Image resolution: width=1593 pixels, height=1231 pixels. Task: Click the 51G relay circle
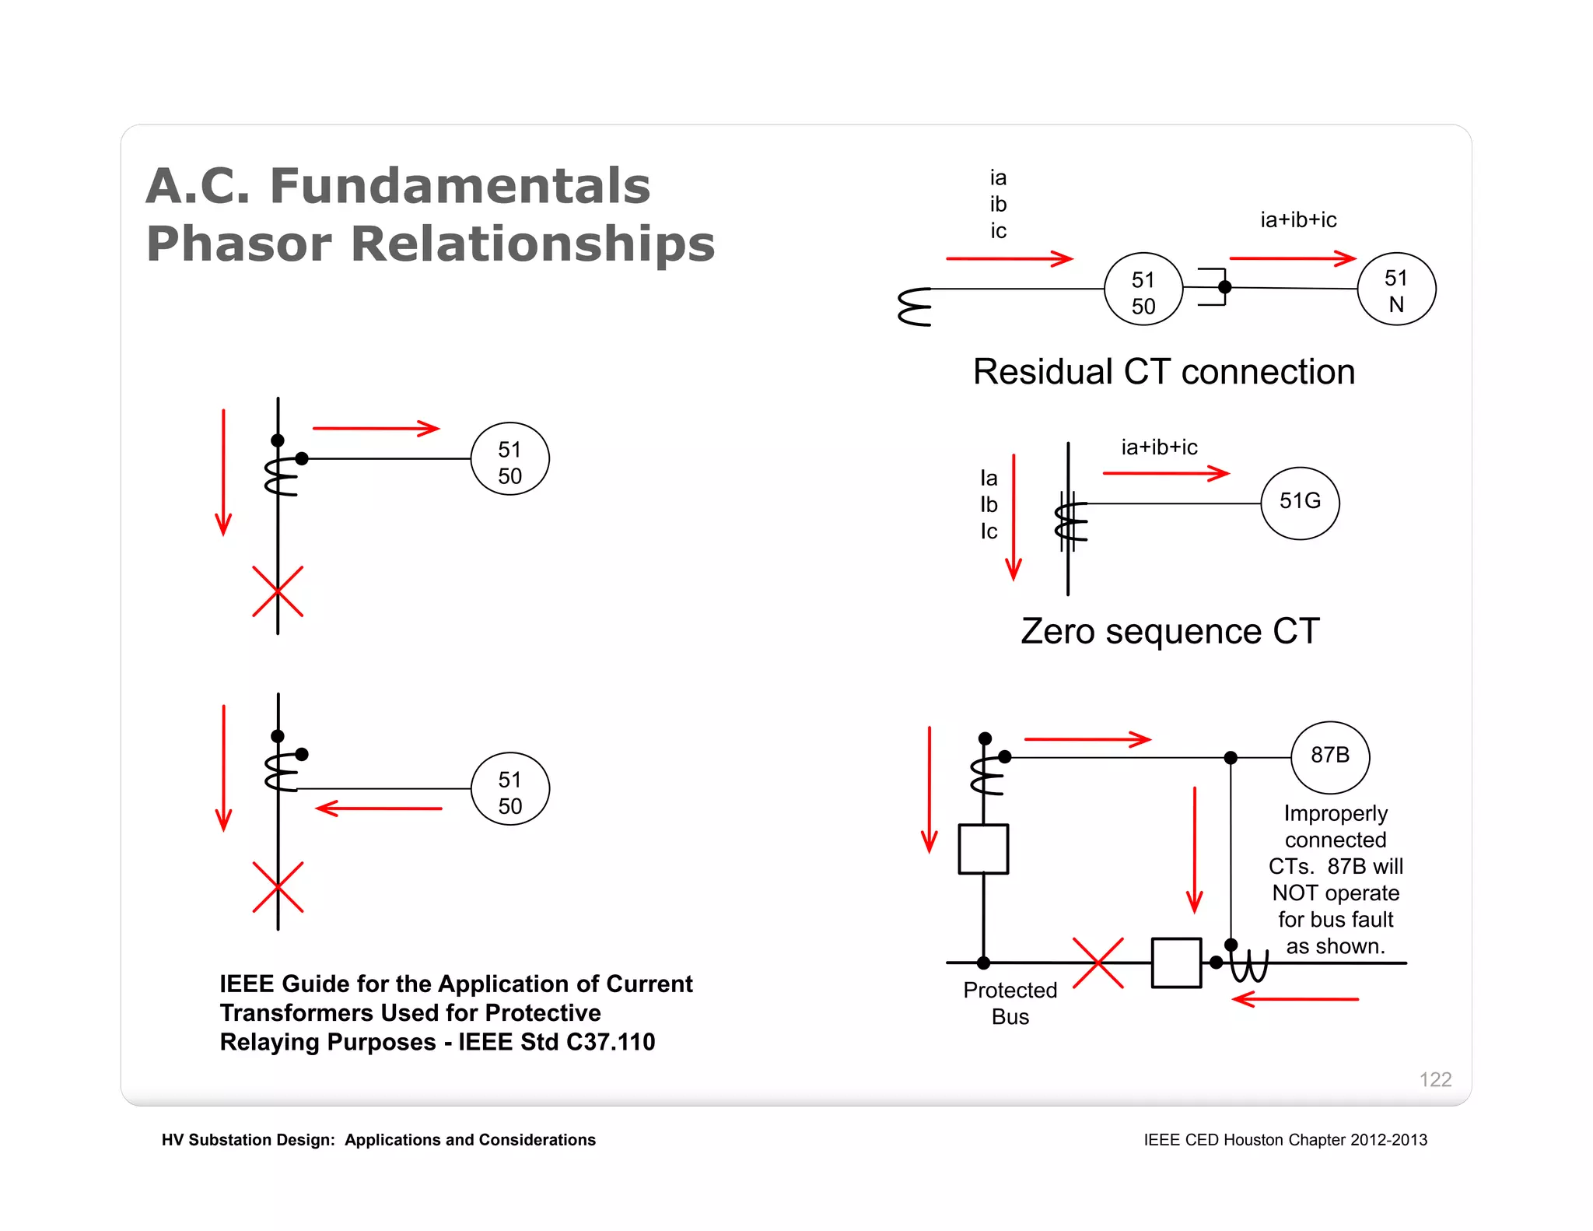(1300, 503)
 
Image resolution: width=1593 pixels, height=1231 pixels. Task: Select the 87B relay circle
(1330, 756)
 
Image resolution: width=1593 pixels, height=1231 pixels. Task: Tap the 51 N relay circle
(1396, 289)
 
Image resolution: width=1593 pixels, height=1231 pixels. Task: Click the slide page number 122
(1435, 1079)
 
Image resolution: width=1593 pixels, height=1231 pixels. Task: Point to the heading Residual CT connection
(1164, 372)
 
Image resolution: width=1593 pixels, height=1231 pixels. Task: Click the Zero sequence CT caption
(1170, 631)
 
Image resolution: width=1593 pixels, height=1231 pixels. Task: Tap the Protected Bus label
(1010, 1003)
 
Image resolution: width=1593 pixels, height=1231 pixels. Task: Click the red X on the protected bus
(1098, 963)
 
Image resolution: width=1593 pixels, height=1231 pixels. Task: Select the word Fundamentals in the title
(460, 186)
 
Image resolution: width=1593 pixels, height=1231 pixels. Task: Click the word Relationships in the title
(533, 244)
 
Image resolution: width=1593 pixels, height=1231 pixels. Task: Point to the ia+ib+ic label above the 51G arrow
(1159, 447)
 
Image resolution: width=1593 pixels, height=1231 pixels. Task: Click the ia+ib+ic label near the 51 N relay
(1298, 220)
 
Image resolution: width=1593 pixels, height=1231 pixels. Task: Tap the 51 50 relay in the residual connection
(1143, 289)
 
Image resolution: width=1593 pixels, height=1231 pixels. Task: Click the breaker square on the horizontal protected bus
(1176, 963)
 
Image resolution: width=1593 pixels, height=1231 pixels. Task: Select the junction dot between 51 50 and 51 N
(1224, 287)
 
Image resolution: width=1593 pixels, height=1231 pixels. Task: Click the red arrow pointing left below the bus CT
(1295, 999)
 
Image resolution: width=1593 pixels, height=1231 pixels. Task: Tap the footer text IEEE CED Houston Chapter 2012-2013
(1285, 1140)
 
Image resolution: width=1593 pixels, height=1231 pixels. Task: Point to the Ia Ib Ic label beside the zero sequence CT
(989, 504)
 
